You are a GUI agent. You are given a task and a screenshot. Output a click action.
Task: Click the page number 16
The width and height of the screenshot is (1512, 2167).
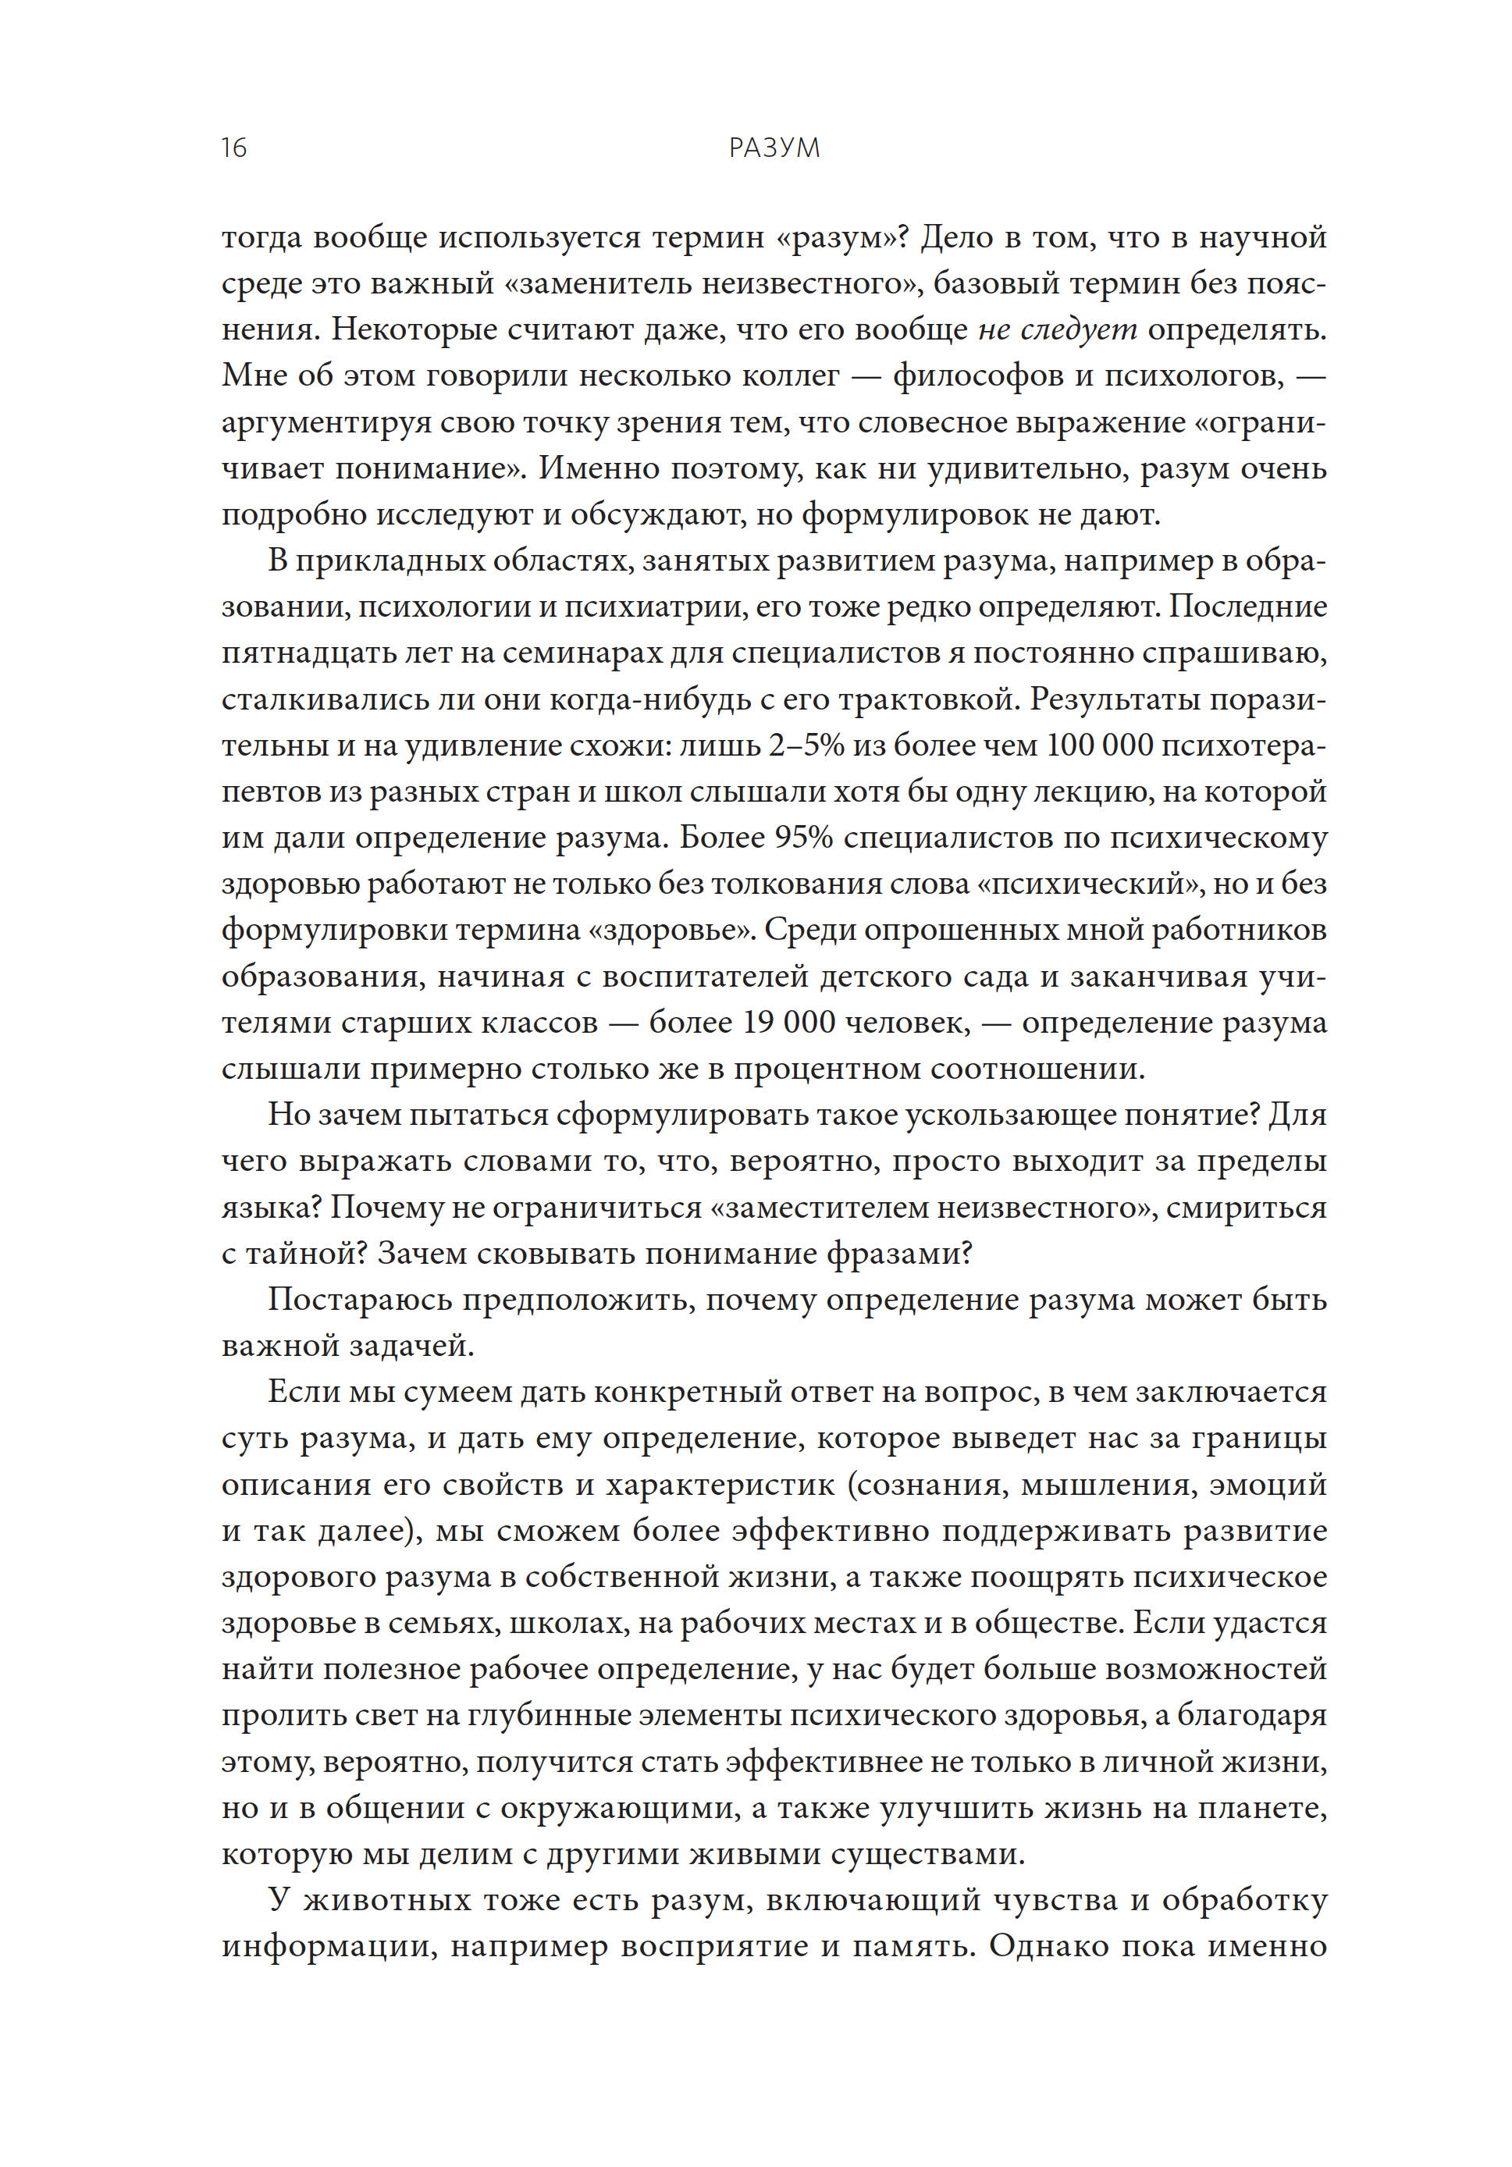pos(233,148)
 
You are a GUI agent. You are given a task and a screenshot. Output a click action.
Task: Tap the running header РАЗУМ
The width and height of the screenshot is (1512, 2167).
pos(774,148)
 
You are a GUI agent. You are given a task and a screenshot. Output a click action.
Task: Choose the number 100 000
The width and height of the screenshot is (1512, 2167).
pos(1101,745)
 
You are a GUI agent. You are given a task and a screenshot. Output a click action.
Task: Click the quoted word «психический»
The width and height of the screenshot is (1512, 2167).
pos(1138,884)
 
